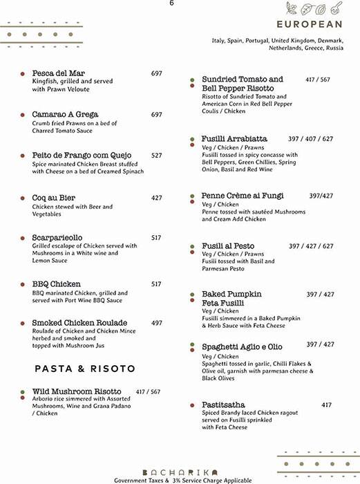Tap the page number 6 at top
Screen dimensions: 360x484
tap(171, 3)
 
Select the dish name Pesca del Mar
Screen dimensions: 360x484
tap(58, 73)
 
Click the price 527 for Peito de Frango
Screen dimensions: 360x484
tap(157, 156)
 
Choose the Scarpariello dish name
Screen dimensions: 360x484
tap(57, 238)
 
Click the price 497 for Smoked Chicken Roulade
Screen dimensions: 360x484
tap(157, 323)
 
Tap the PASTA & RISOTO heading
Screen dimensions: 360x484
tap(85, 369)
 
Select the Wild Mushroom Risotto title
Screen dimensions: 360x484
tap(77, 391)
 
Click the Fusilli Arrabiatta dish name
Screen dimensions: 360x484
tap(234, 139)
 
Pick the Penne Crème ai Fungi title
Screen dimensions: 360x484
tap(243, 196)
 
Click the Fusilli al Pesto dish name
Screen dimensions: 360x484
tap(228, 246)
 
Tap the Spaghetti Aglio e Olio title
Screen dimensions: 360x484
tap(242, 346)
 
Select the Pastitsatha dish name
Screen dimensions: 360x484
tap(223, 404)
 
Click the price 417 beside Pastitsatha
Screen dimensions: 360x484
tap(327, 405)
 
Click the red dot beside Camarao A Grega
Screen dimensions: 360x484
tap(23, 114)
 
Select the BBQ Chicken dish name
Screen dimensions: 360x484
tap(56, 284)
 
